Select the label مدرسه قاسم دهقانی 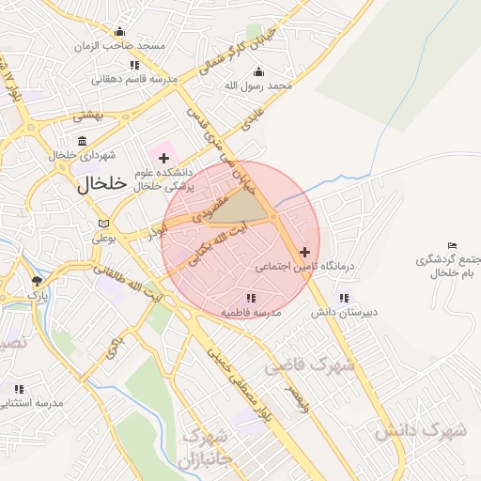click(134, 80)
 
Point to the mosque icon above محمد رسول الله click(259, 72)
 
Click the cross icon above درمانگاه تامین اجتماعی click(303, 252)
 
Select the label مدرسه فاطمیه click(251, 312)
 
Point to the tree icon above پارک click(37, 281)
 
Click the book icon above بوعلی click(103, 224)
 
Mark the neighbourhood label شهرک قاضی click(309, 365)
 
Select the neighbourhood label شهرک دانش click(420, 430)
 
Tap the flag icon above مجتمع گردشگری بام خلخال click(453, 245)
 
